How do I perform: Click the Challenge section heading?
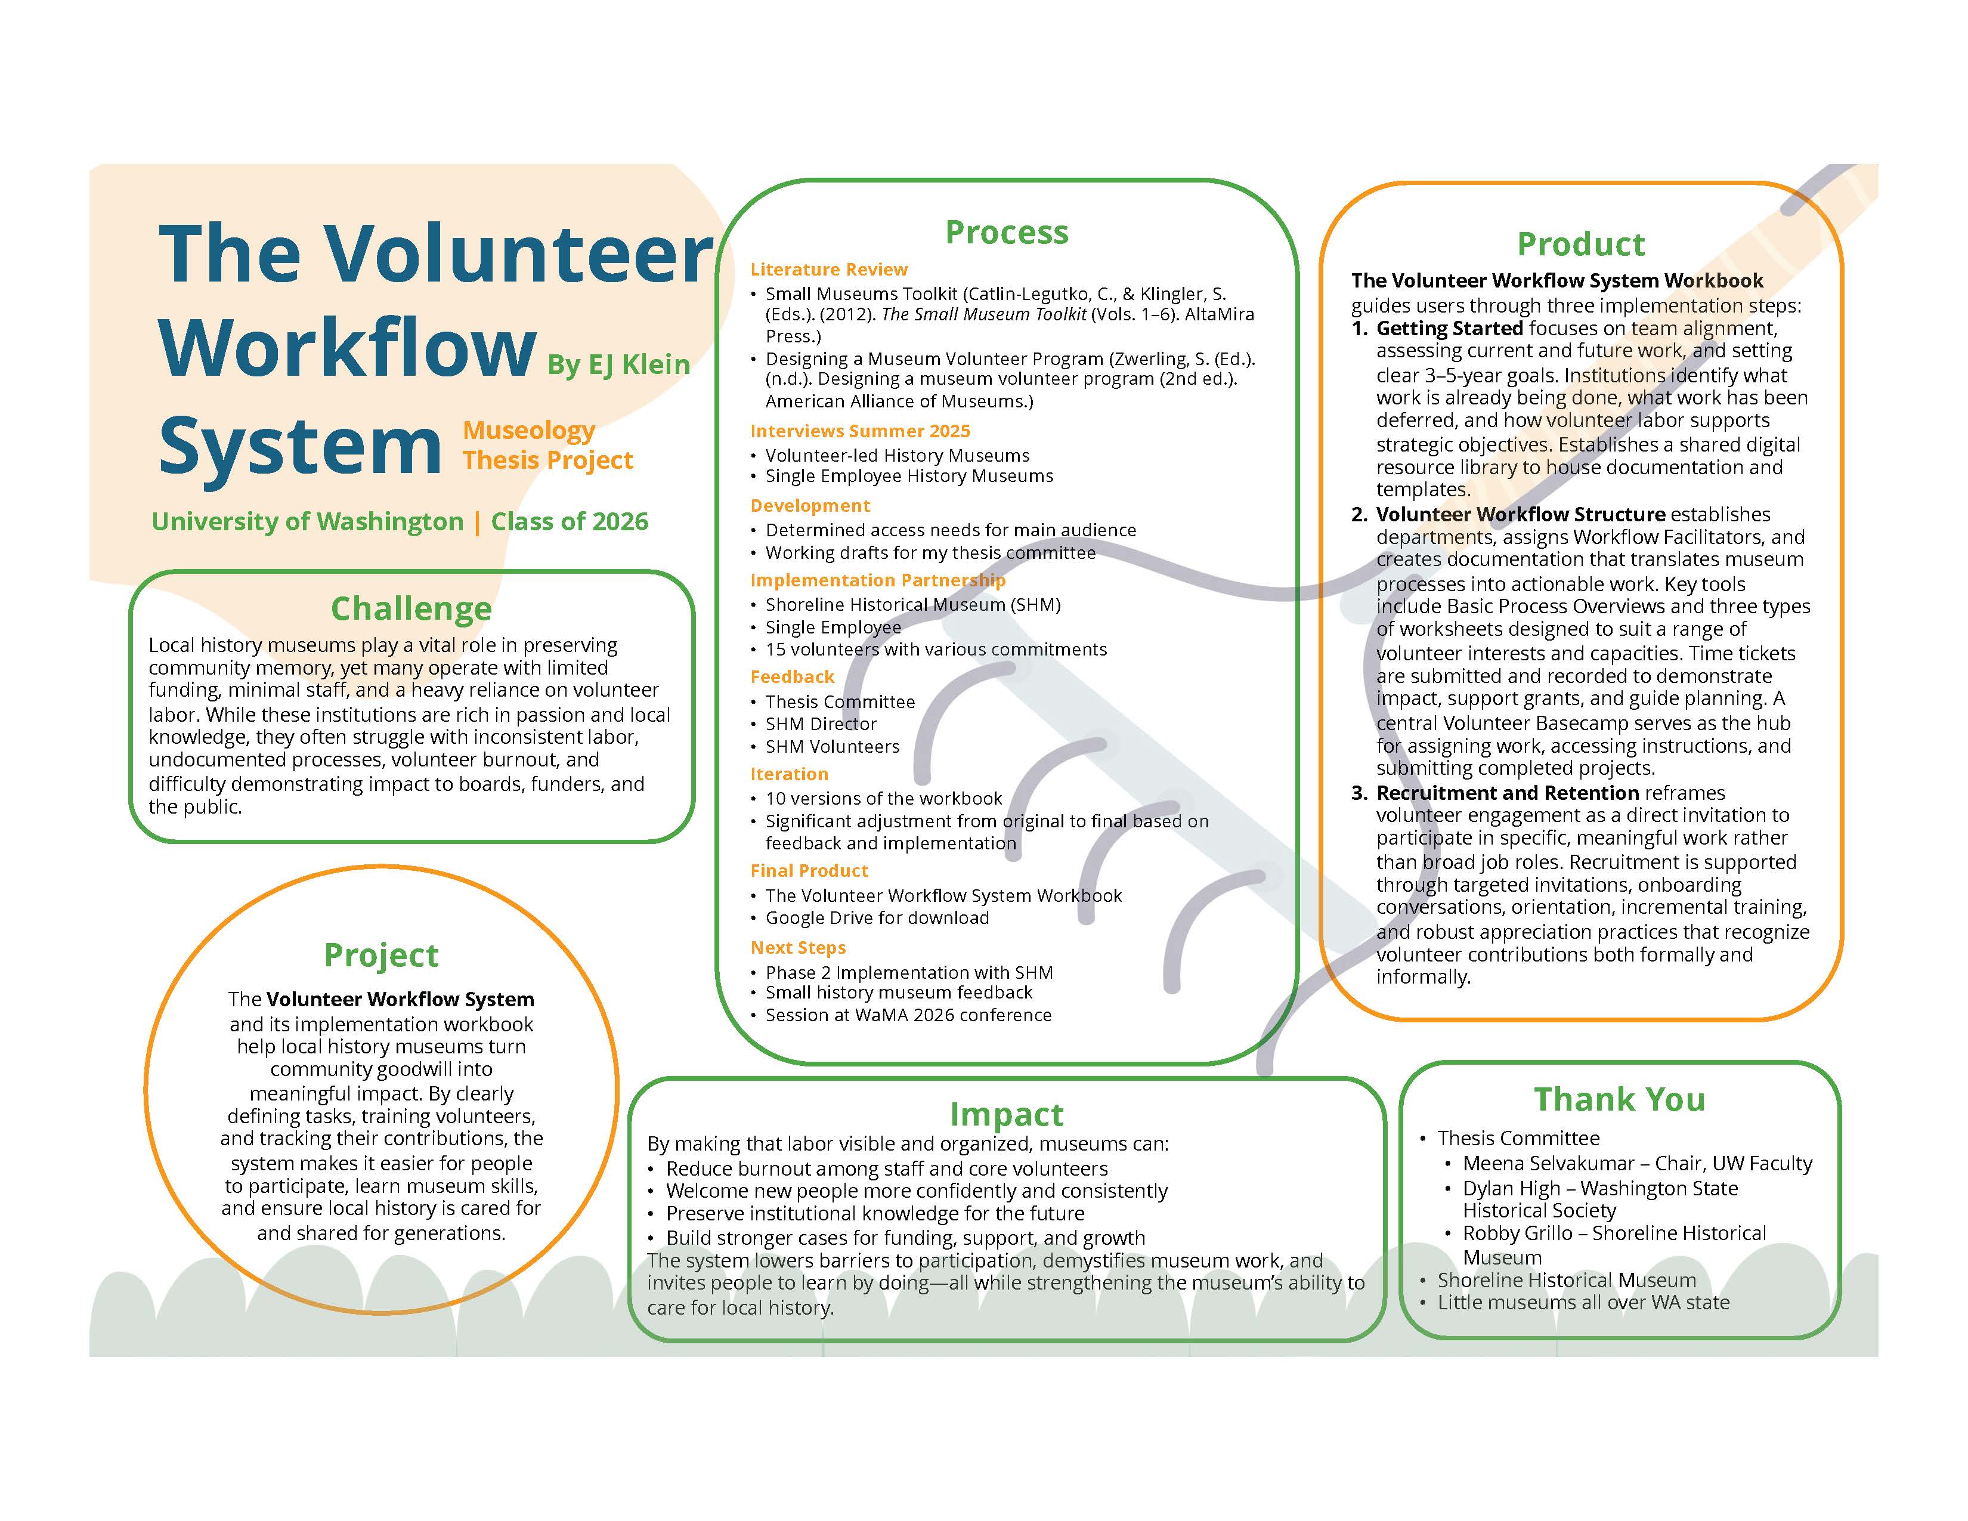pyautogui.click(x=411, y=609)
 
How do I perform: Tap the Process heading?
pyautogui.click(x=1007, y=233)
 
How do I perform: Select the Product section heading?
pyautogui.click(x=1580, y=244)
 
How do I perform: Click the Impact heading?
pyautogui.click(x=1007, y=1115)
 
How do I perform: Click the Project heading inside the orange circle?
pyautogui.click(x=381, y=955)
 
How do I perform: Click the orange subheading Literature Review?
pyautogui.click(x=829, y=270)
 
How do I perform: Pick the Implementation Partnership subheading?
pyautogui.click(x=878, y=580)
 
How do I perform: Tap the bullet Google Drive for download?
pyautogui.click(x=877, y=918)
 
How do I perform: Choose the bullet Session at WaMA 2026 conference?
pyautogui.click(x=908, y=1016)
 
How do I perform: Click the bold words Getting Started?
pyautogui.click(x=1449, y=329)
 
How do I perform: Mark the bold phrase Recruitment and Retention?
pyautogui.click(x=1508, y=793)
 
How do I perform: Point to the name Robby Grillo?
pyautogui.click(x=1517, y=1234)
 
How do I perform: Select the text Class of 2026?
pyautogui.click(x=570, y=522)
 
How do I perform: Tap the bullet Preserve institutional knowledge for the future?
pyautogui.click(x=875, y=1214)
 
